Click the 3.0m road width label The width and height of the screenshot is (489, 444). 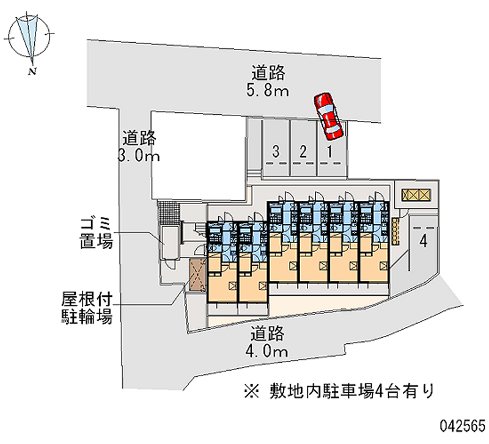(140, 147)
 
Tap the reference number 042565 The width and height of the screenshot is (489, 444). (460, 425)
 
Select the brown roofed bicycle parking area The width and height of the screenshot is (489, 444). (196, 275)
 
